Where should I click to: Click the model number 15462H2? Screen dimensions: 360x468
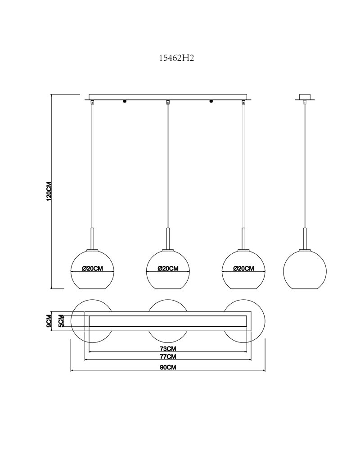(176, 58)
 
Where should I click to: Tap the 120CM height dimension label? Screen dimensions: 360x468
(49, 191)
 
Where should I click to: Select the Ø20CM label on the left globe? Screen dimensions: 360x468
(93, 269)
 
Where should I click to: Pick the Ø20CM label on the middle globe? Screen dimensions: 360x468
(168, 269)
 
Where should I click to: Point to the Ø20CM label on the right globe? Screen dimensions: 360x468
(243, 269)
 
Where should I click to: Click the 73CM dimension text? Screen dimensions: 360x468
(168, 349)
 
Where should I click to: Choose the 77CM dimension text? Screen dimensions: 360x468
(168, 356)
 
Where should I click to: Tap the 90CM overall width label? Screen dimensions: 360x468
(168, 367)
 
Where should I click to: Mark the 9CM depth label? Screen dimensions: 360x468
(49, 321)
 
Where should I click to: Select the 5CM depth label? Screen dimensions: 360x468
(61, 321)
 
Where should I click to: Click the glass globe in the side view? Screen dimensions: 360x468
(305, 269)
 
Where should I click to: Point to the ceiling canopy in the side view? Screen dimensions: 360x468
(305, 97)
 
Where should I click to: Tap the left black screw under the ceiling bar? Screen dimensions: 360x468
(125, 102)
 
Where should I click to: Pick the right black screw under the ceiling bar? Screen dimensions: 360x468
(211, 102)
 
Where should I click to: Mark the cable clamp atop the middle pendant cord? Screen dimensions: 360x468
(168, 102)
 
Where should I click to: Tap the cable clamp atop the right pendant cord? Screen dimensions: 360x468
(243, 102)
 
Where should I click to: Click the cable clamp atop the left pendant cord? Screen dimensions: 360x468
(93, 102)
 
